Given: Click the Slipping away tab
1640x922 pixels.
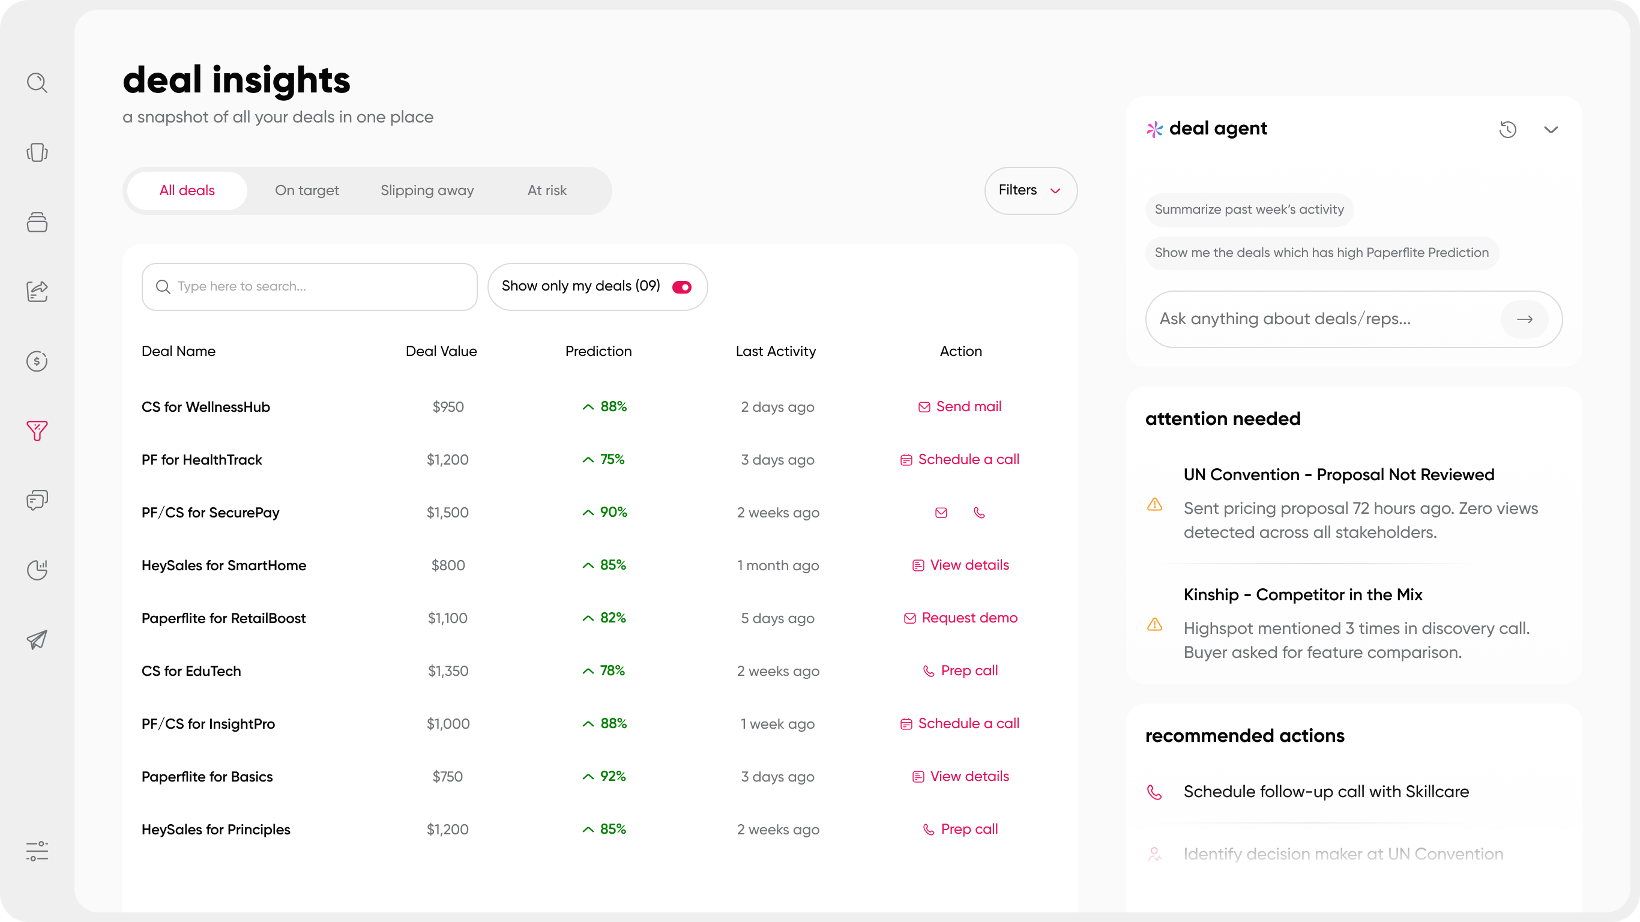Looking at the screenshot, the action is coord(427,190).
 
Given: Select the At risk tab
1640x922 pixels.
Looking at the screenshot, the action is coord(547,190).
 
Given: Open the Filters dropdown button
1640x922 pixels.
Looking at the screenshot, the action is coord(1030,190).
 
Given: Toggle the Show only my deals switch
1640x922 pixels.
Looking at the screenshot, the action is coord(682,287).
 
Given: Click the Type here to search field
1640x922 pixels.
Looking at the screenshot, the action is coord(309,286).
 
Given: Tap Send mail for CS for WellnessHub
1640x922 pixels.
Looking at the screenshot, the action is coord(960,406).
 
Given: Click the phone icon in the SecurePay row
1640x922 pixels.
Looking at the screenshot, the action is coord(979,513).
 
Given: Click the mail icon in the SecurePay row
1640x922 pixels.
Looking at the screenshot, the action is coord(941,513).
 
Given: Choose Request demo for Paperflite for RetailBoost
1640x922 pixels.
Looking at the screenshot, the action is coord(960,618).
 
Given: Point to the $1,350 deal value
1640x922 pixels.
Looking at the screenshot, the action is coord(448,671).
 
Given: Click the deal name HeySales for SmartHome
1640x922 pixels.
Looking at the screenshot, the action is coord(224,565).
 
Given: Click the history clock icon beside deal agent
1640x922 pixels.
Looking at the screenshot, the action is coord(1507,129).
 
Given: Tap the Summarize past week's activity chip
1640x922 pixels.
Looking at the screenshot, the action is coord(1249,209).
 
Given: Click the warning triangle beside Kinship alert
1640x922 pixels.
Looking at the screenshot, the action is coord(1155,624).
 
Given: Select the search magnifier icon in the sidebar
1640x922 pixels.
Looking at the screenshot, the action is coord(37,83).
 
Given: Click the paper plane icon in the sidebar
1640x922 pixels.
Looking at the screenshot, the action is coord(37,639).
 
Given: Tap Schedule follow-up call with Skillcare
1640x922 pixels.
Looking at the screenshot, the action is coord(1326,792).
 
